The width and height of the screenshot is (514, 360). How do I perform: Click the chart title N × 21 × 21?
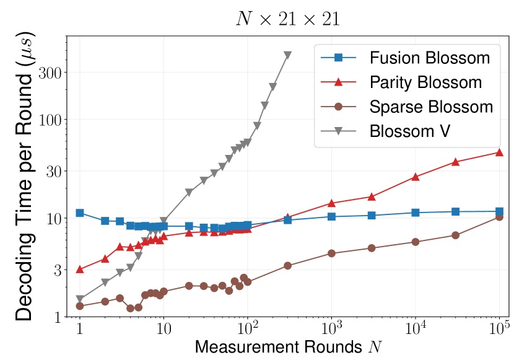pyautogui.click(x=288, y=18)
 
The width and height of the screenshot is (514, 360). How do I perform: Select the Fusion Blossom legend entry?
pyautogui.click(x=430, y=58)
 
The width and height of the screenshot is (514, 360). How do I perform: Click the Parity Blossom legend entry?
pyautogui.click(x=425, y=82)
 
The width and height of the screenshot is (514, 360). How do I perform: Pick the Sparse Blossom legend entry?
pyautogui.click(x=430, y=106)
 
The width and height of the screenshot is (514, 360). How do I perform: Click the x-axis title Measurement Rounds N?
pyautogui.click(x=287, y=347)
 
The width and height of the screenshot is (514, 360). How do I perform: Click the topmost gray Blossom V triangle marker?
pyautogui.click(x=287, y=55)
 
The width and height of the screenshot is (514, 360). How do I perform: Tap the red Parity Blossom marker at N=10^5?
pyautogui.click(x=499, y=152)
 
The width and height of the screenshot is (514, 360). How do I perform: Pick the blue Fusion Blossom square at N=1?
pyautogui.click(x=79, y=213)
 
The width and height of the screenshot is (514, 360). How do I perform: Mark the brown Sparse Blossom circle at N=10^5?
pyautogui.click(x=499, y=217)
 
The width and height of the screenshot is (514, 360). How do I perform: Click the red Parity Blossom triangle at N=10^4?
pyautogui.click(x=416, y=177)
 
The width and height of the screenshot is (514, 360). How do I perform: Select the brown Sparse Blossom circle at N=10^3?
pyautogui.click(x=331, y=253)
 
